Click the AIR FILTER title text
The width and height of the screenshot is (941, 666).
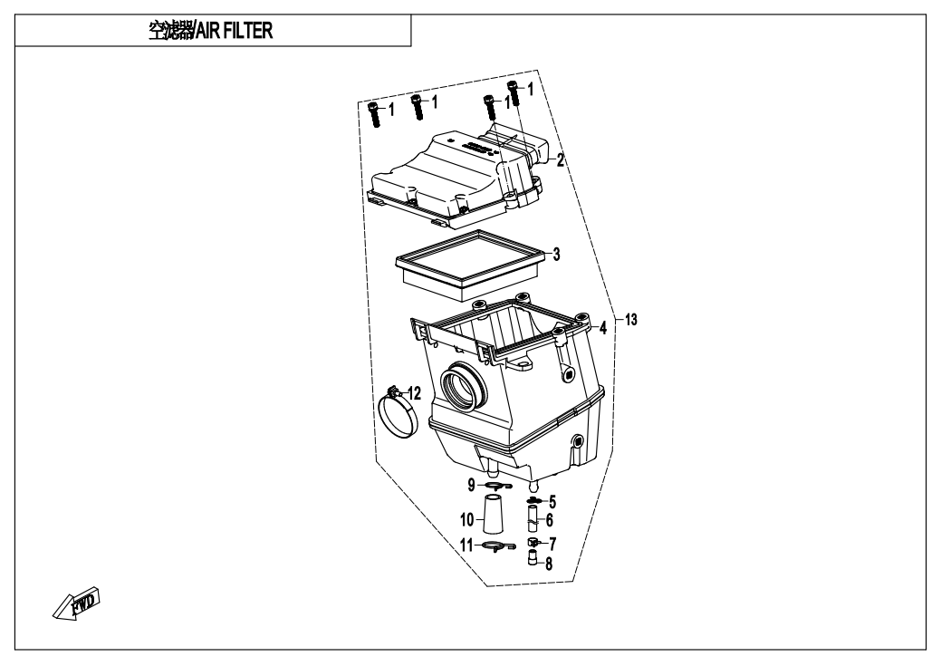click(x=211, y=29)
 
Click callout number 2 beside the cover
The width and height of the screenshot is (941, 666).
click(x=561, y=160)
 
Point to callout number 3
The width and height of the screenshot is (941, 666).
click(x=557, y=255)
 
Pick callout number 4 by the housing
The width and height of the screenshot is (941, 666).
click(x=601, y=327)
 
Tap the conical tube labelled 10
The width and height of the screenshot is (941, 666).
click(x=492, y=518)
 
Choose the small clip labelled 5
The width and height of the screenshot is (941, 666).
click(x=533, y=500)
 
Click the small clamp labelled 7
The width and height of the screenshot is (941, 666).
click(x=534, y=543)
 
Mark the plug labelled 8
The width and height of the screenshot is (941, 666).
click(x=534, y=558)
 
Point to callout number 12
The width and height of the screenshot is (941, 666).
click(x=414, y=393)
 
